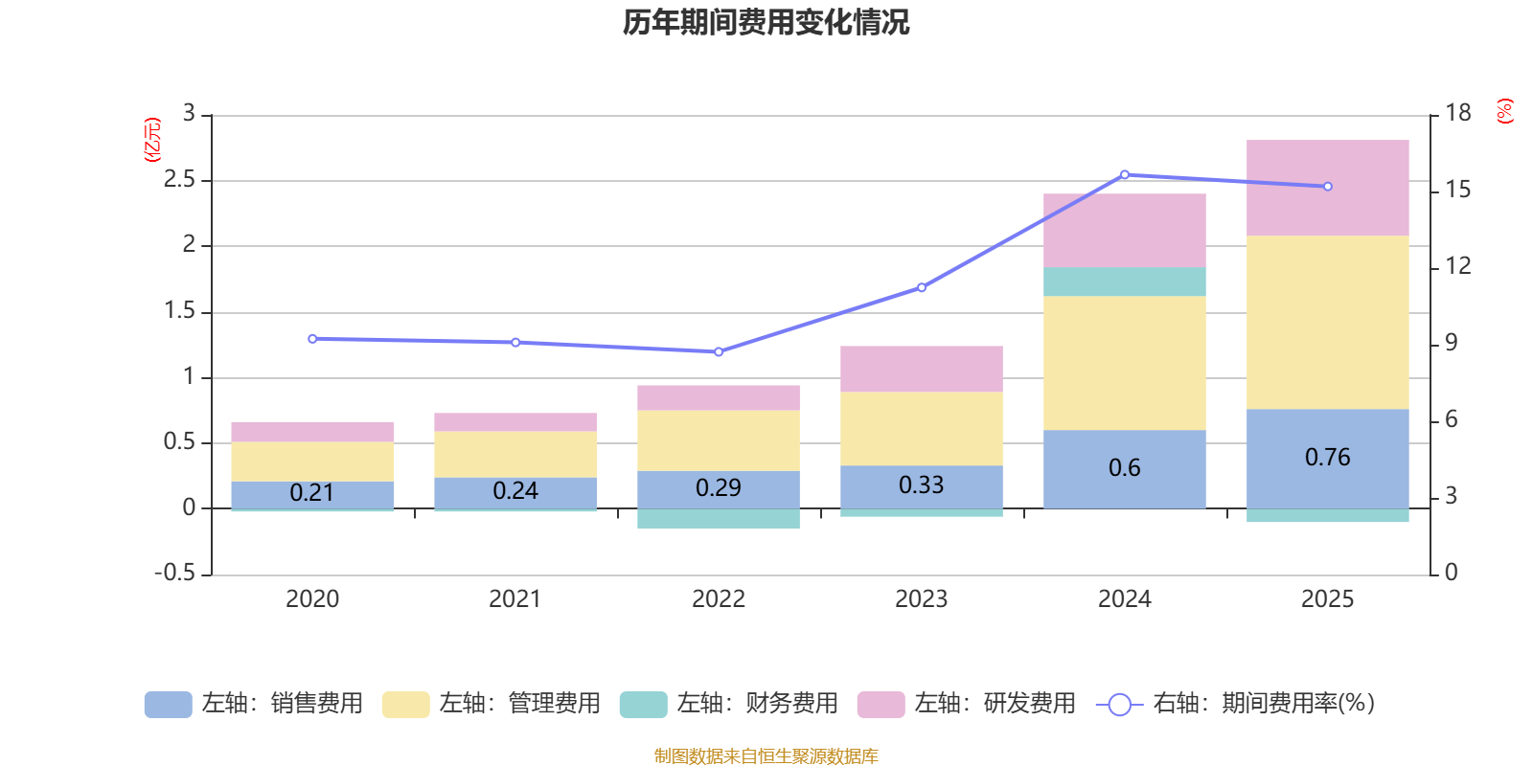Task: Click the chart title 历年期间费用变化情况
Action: [x=766, y=22]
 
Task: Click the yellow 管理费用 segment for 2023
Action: [x=921, y=428]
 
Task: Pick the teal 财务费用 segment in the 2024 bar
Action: [x=1124, y=282]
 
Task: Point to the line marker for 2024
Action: [x=1124, y=175]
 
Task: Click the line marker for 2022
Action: [x=719, y=351]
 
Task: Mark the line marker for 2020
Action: [x=312, y=339]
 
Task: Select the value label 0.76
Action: [x=1327, y=458]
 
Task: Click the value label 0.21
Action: [x=312, y=493]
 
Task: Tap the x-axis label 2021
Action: [x=515, y=599]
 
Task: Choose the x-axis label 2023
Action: [x=921, y=599]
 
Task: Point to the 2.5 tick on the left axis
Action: [x=179, y=180]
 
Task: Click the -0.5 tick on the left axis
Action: [x=174, y=573]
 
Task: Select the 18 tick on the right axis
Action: [x=1458, y=113]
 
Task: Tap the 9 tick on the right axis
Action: [x=1451, y=343]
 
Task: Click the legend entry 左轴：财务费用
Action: [x=730, y=704]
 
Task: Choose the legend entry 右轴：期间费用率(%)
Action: [x=1236, y=704]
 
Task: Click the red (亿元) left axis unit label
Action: [x=152, y=140]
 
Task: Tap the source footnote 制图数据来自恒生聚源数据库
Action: [x=766, y=756]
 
